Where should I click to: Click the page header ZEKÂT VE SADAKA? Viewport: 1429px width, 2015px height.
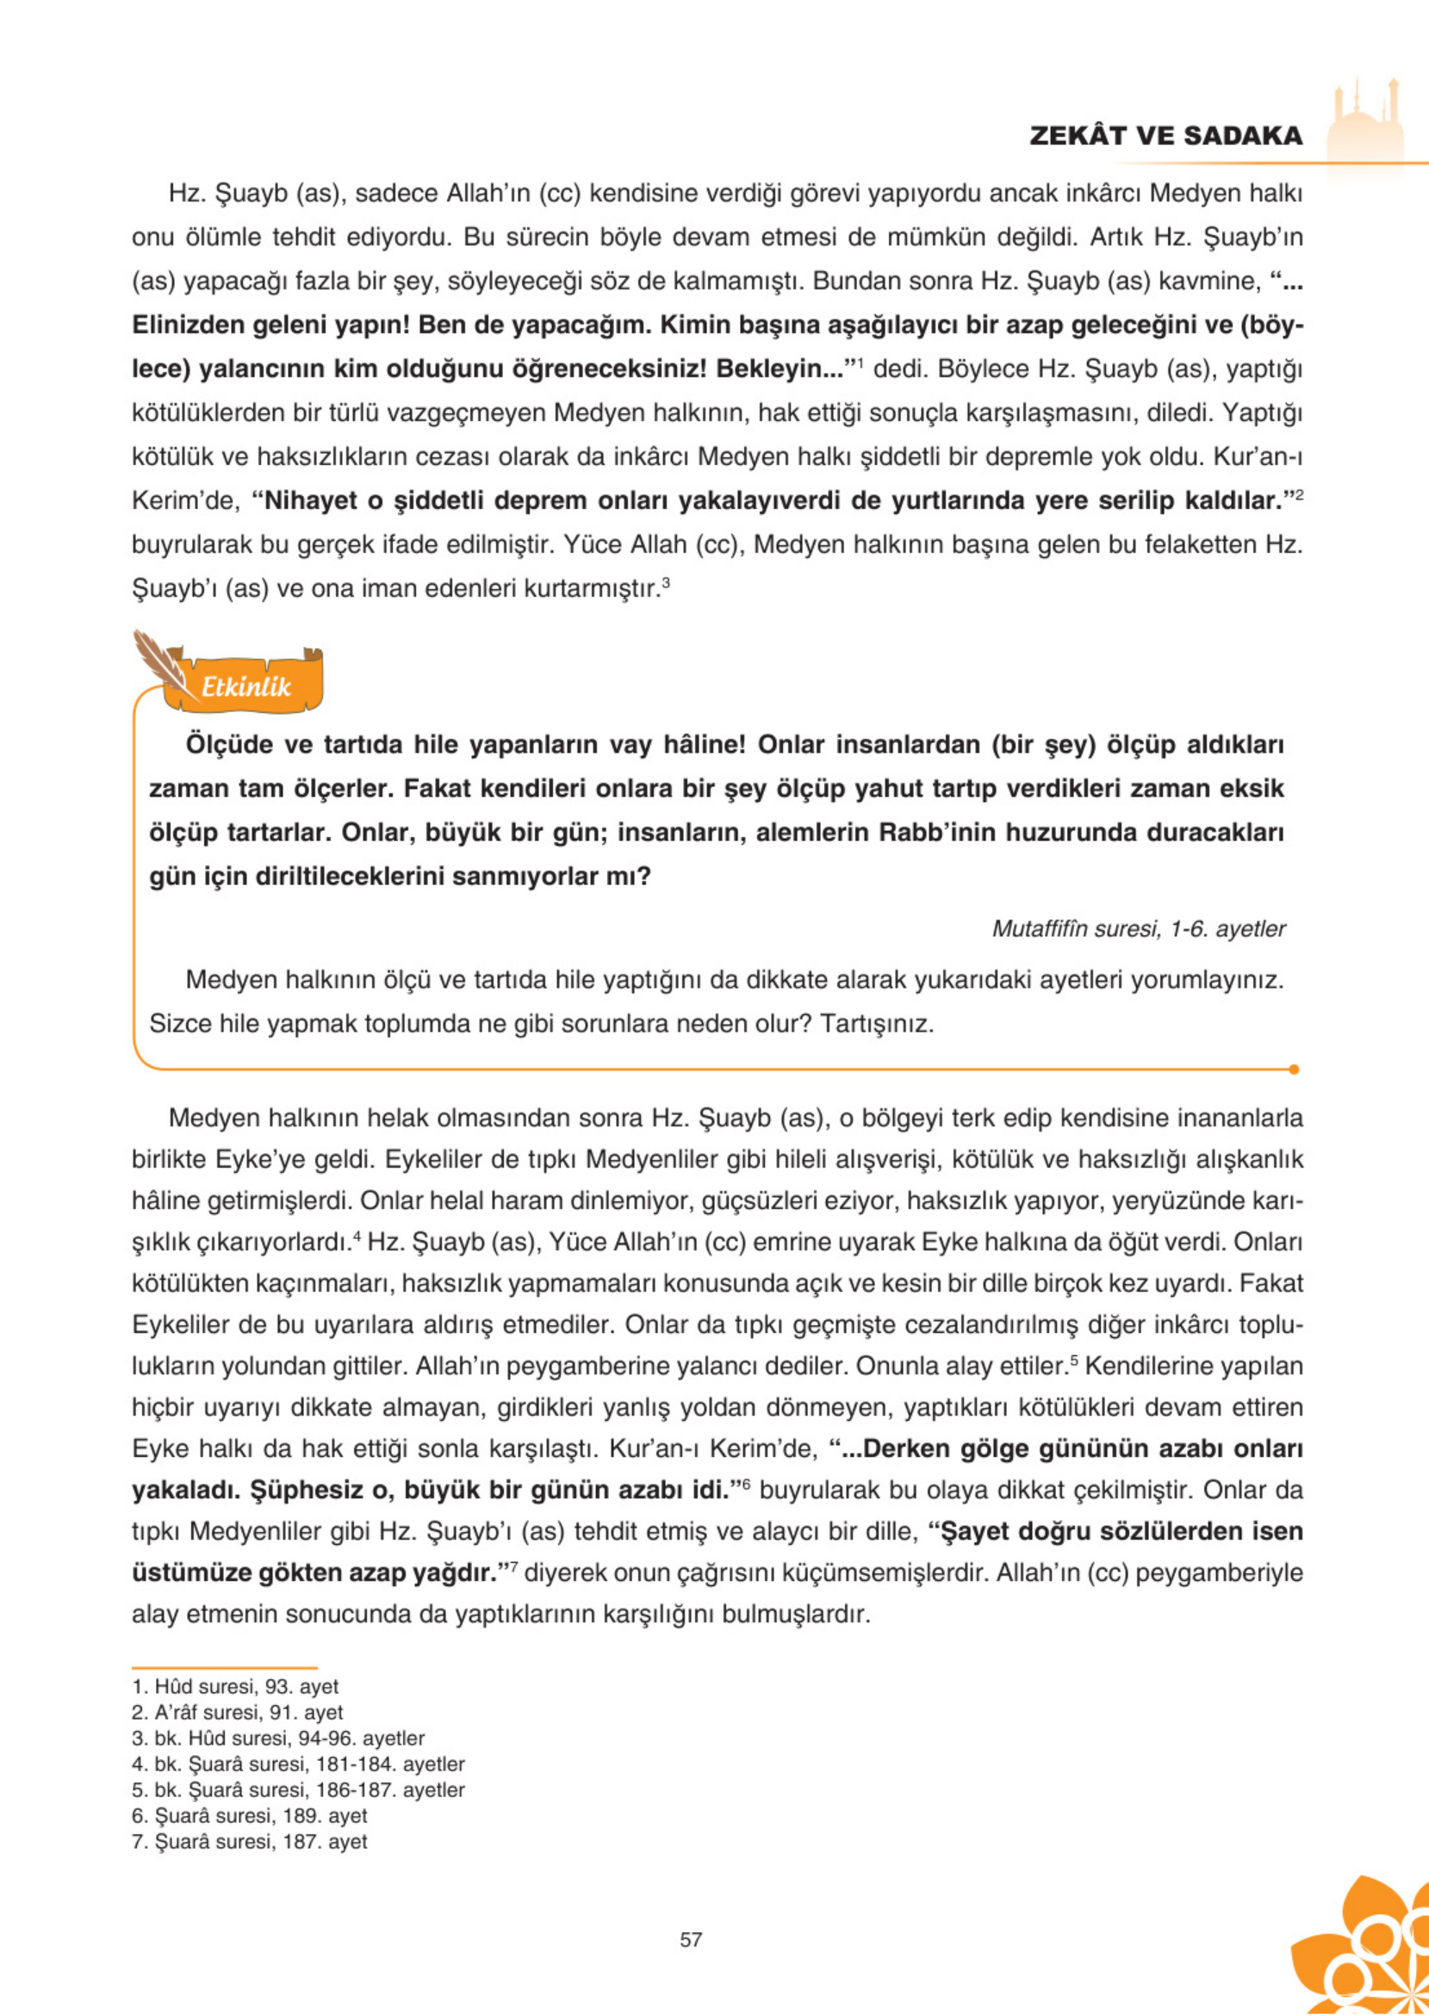click(1165, 135)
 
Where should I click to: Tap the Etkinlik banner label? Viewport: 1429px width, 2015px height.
click(245, 686)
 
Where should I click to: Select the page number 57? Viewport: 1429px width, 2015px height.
click(691, 1939)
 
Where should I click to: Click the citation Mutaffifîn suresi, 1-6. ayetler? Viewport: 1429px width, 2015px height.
click(1139, 929)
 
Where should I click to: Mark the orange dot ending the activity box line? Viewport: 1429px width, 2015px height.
click(1293, 1069)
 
